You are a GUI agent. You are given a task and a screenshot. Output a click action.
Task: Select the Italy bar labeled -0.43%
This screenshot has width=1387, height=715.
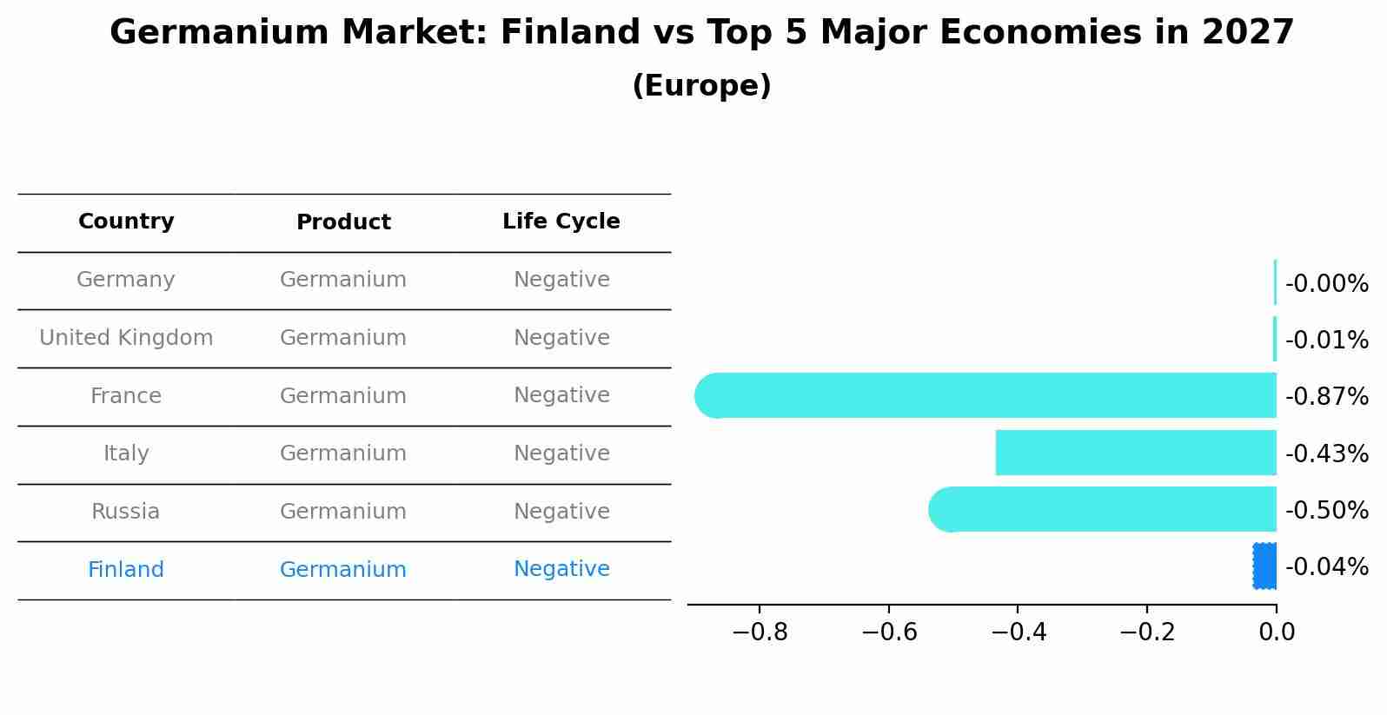click(x=1136, y=453)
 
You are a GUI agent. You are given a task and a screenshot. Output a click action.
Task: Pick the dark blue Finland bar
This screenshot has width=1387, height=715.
click(x=1264, y=566)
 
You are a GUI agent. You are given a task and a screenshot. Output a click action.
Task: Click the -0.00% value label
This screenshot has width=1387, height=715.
click(x=1326, y=284)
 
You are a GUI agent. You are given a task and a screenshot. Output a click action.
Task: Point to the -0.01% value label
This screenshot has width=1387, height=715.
click(x=1326, y=340)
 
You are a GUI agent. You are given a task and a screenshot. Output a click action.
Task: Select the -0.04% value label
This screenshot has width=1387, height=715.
click(x=1326, y=567)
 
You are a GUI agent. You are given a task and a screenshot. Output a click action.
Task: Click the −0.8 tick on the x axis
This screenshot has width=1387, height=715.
click(x=760, y=632)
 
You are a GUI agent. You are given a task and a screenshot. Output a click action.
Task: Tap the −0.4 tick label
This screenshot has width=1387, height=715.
click(x=1018, y=632)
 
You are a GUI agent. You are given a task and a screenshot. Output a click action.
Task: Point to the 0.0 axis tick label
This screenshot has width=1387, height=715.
click(x=1277, y=632)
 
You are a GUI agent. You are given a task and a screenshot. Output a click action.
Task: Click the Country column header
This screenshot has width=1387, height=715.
click(x=126, y=222)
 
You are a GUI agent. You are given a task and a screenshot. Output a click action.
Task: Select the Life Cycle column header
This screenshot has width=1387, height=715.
click(x=561, y=222)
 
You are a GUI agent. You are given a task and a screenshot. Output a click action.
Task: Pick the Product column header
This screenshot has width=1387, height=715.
click(x=343, y=222)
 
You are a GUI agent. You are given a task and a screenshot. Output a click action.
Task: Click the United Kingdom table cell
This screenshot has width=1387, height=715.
click(x=126, y=338)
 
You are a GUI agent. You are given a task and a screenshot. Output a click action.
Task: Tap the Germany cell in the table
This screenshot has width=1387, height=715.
click(x=126, y=280)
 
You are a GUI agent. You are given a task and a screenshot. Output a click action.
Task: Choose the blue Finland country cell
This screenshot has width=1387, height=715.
click(x=126, y=570)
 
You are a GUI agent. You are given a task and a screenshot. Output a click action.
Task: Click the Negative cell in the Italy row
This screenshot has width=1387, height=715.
click(x=561, y=453)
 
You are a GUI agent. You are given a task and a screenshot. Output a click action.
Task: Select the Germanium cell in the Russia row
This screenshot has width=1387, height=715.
click(x=343, y=512)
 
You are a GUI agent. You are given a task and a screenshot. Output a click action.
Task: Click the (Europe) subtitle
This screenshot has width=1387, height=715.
click(x=701, y=86)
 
